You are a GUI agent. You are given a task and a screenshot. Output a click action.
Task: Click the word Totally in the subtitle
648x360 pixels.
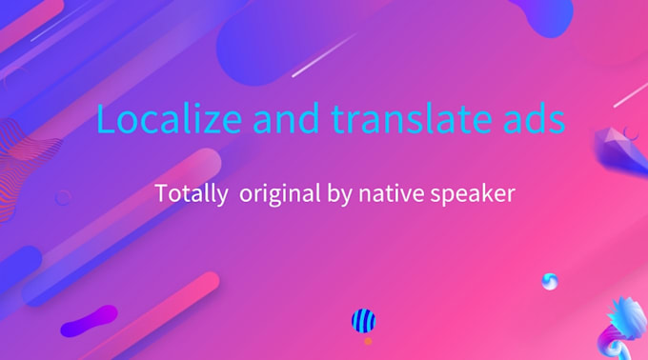coord(190,194)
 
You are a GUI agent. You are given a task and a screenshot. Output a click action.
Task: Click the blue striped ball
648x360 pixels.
coord(363,321)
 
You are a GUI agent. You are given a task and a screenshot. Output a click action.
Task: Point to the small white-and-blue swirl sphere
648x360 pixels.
coord(549,281)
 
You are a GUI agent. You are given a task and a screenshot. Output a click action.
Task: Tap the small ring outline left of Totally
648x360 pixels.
coord(63,198)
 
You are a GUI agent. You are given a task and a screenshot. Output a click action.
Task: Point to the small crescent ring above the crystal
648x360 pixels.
coord(629,132)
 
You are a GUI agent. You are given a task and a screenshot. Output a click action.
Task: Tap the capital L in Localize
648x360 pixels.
coord(105,121)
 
